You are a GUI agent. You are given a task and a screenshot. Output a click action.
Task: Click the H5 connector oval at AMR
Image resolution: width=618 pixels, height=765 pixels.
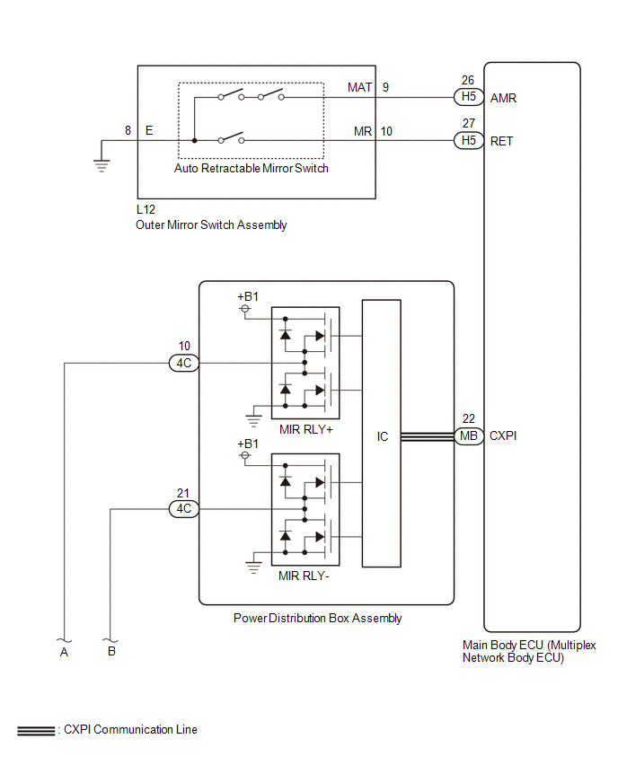pos(469,97)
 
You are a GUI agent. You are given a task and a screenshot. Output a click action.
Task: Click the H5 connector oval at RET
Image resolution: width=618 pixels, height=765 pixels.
pos(469,140)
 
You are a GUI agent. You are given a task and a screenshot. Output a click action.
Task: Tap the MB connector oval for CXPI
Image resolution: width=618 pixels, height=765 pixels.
pos(469,435)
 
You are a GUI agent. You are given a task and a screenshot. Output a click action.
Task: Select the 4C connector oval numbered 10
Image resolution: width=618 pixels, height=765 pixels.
pos(184,363)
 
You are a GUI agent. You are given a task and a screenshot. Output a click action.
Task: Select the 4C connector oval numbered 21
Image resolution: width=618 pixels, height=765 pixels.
pos(184,509)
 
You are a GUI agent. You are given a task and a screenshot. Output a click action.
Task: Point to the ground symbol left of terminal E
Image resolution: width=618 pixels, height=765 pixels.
pos(102,166)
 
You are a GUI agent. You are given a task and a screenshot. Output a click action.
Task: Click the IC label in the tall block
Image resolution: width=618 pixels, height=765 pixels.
pos(383,436)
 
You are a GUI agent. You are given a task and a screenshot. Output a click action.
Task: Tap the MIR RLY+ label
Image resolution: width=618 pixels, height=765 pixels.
pos(306,429)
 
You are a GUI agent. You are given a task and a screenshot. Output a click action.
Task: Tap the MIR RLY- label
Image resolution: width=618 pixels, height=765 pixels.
pos(304,576)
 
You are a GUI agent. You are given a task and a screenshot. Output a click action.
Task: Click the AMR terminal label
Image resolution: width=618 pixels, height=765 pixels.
pos(503,98)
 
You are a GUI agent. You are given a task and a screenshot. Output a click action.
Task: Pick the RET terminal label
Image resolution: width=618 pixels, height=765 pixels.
pos(501,141)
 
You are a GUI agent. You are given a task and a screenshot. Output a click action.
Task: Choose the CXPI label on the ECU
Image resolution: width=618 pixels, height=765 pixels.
pos(503,435)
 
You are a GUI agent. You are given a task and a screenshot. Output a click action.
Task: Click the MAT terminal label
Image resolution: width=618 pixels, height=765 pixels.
pos(360,87)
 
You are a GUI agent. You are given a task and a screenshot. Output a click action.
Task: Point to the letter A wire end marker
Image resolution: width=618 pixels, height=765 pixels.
pos(64,652)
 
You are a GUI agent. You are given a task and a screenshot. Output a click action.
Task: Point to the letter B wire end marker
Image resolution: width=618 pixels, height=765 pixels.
pos(111,651)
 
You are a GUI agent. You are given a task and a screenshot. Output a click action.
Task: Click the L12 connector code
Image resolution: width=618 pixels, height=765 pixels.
pos(146,209)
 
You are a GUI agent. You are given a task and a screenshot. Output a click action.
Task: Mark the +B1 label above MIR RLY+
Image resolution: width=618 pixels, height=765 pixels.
pos(248,296)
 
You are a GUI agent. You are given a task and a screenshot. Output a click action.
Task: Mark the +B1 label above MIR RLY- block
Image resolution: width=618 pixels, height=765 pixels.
pos(248,444)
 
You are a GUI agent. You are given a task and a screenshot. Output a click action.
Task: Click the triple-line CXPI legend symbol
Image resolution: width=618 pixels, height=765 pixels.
pos(36,731)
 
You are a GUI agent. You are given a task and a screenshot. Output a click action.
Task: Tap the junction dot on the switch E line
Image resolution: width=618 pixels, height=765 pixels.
pos(194,140)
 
